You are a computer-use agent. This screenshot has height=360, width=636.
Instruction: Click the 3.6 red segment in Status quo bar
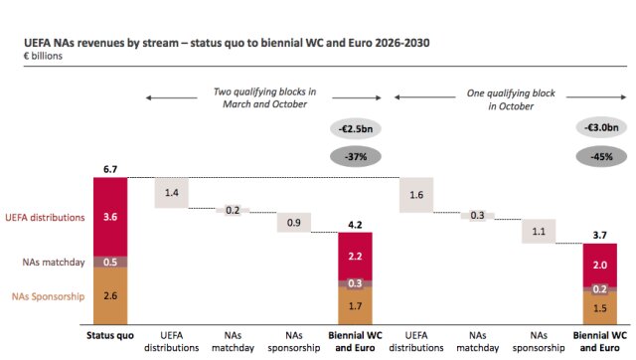pyautogui.click(x=110, y=217)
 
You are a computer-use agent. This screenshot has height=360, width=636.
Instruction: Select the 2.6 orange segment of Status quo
pyautogui.click(x=110, y=295)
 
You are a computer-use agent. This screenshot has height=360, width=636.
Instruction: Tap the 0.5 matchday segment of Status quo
pyautogui.click(x=110, y=262)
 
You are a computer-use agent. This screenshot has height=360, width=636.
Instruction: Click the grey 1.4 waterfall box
pyautogui.click(x=172, y=193)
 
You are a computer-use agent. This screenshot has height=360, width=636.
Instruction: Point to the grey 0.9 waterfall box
pyautogui.click(x=294, y=223)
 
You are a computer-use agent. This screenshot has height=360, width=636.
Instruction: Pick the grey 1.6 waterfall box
pyautogui.click(x=416, y=195)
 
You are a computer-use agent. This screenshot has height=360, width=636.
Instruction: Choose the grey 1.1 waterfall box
pyautogui.click(x=539, y=232)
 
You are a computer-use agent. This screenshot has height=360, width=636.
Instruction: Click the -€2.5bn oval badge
pyautogui.click(x=356, y=129)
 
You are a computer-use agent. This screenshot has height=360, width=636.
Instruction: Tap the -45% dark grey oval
pyautogui.click(x=601, y=157)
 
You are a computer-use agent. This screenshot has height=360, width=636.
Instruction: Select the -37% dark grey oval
pyautogui.click(x=356, y=157)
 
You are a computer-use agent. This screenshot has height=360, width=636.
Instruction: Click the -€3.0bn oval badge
pyautogui.click(x=601, y=127)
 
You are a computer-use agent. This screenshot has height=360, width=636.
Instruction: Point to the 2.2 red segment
pyautogui.click(x=356, y=257)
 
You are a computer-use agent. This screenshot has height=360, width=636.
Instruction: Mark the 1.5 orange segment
pyautogui.click(x=600, y=308)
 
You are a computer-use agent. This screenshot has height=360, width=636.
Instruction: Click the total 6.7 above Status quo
pyautogui.click(x=110, y=169)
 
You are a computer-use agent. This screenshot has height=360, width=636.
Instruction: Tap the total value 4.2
pyautogui.click(x=355, y=225)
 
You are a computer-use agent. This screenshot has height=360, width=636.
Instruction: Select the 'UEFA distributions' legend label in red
pyautogui.click(x=45, y=218)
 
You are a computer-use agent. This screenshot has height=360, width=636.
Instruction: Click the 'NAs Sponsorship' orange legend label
pyautogui.click(x=49, y=296)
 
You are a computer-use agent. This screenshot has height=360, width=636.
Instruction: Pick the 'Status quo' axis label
pyautogui.click(x=110, y=336)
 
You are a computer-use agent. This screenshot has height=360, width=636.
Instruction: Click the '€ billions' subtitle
pyautogui.click(x=43, y=56)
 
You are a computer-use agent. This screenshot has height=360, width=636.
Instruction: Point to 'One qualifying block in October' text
pyautogui.click(x=511, y=99)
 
